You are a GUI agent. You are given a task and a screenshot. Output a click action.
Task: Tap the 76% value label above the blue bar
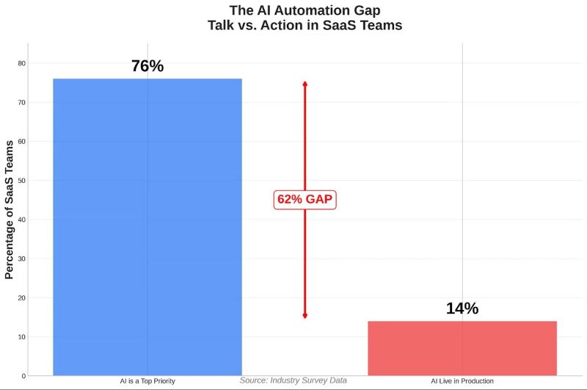point(147,66)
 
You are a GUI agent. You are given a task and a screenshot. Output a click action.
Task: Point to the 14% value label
point(462,308)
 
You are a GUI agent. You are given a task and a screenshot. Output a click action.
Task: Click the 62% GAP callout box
point(305,199)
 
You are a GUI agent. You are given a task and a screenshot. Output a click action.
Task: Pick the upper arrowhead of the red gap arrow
point(305,84)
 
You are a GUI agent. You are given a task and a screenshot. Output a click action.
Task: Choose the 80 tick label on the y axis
point(21,63)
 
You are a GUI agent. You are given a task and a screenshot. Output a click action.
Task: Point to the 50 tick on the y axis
point(21,181)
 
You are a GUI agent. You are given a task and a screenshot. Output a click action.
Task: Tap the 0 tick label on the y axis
point(23,376)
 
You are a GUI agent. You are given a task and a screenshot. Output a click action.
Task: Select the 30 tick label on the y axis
point(21,259)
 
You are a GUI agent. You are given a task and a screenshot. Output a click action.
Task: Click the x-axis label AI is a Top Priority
point(147,381)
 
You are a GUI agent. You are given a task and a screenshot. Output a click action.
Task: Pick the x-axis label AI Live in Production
point(462,381)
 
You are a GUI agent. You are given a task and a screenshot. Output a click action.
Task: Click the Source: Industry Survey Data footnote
point(293,380)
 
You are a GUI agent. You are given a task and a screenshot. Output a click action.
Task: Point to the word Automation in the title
point(289,10)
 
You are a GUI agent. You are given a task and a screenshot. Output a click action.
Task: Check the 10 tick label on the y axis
point(21,337)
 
